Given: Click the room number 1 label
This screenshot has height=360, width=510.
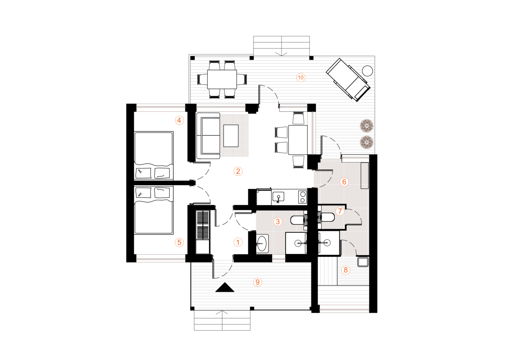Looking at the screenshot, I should (238, 242).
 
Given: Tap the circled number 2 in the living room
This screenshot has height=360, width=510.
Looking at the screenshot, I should (238, 171).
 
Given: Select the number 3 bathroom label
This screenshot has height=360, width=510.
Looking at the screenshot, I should (278, 221).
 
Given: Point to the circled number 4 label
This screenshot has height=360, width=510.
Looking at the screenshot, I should (179, 120).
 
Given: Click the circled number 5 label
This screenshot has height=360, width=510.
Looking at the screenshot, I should (179, 242).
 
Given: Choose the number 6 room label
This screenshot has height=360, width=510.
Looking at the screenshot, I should (344, 182).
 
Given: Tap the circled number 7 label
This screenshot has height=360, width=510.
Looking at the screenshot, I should (340, 211).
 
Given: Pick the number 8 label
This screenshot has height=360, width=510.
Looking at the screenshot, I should (346, 270).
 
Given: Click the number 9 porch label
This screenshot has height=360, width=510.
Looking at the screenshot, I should (257, 282).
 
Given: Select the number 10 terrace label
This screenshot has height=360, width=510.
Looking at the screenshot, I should (300, 78).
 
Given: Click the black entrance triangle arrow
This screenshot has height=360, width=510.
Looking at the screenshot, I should (225, 287).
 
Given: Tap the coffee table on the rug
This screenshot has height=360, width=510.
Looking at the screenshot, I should (231, 135).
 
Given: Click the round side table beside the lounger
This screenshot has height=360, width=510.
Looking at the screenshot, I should (367, 71).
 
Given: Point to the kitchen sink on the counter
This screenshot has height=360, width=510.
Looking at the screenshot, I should (278, 197).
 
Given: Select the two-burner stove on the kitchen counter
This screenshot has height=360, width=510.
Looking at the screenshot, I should (302, 197).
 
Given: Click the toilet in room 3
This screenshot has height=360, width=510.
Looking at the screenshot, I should (297, 220).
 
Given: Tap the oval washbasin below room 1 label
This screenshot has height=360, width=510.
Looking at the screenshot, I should (262, 243).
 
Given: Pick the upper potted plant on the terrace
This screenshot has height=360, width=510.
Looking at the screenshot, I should (367, 126).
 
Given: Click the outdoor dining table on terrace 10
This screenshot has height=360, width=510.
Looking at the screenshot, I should (222, 79).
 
